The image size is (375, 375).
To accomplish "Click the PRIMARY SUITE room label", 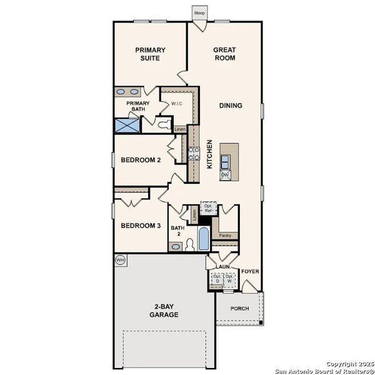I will pos(149,54).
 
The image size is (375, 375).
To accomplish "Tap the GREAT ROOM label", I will pos(224,54).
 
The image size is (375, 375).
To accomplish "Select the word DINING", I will pos(230,106).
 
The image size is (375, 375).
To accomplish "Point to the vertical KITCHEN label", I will pos(209,154).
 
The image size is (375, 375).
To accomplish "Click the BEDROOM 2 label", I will pos(141,160).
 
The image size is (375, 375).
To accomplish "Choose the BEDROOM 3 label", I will pos(141,226).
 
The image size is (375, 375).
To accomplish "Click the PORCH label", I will pos(239,308).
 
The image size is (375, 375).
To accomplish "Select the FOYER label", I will pos(251,272).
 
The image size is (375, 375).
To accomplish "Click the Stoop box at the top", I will pos(199,13).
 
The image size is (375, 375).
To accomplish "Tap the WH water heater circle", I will pos(119,259).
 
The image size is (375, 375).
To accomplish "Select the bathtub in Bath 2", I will pos(204,238).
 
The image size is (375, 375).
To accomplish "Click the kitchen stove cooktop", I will pos(194,154).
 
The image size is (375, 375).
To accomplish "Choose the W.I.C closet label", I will pos(177,104).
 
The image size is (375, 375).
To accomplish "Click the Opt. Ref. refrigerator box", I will pos(209,209).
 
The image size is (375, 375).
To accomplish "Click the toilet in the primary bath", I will pos(164,125).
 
